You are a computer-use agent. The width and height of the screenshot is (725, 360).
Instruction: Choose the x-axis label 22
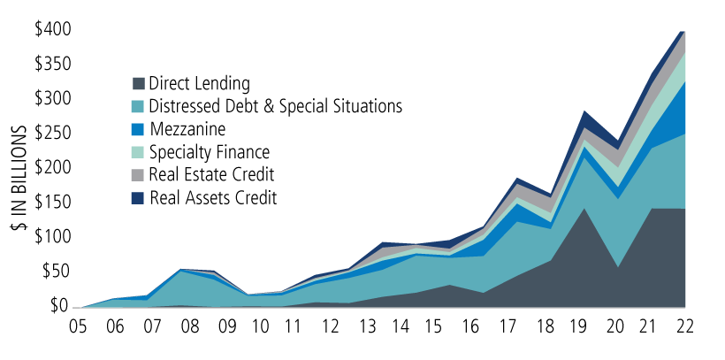click(683, 326)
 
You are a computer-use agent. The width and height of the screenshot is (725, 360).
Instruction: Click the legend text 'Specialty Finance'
click(210, 152)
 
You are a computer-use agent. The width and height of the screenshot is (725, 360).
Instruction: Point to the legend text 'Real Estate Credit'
click(212, 175)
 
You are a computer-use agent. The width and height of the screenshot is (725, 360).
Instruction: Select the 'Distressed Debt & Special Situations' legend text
click(276, 106)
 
